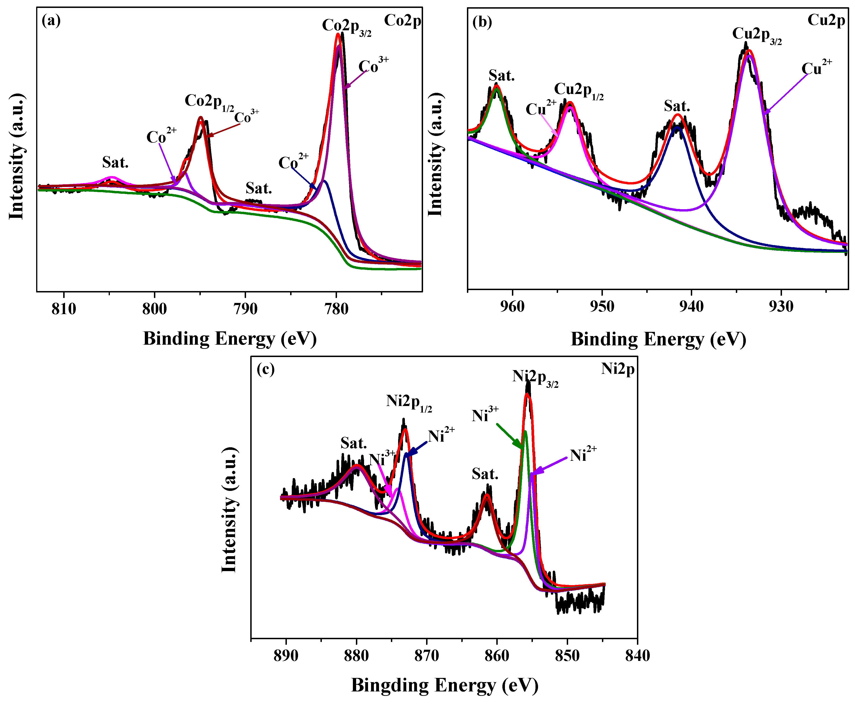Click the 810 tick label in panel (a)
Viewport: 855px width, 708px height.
click(64, 309)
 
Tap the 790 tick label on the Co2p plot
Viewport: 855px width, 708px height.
click(246, 309)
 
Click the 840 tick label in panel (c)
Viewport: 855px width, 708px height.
click(637, 656)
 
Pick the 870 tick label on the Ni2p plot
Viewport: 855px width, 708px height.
click(427, 656)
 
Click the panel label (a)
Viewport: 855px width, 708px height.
click(51, 20)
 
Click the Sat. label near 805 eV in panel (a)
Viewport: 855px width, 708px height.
click(115, 163)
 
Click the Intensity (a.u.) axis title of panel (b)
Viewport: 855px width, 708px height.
click(436, 155)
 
